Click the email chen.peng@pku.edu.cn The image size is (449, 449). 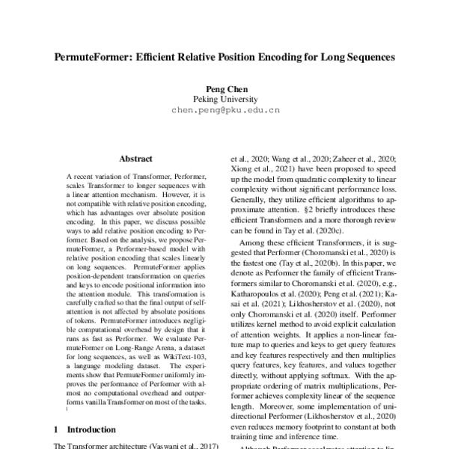click(x=225, y=109)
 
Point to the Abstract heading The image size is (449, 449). click(x=135, y=159)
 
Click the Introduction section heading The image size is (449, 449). click(x=91, y=430)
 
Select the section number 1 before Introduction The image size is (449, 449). click(x=58, y=430)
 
